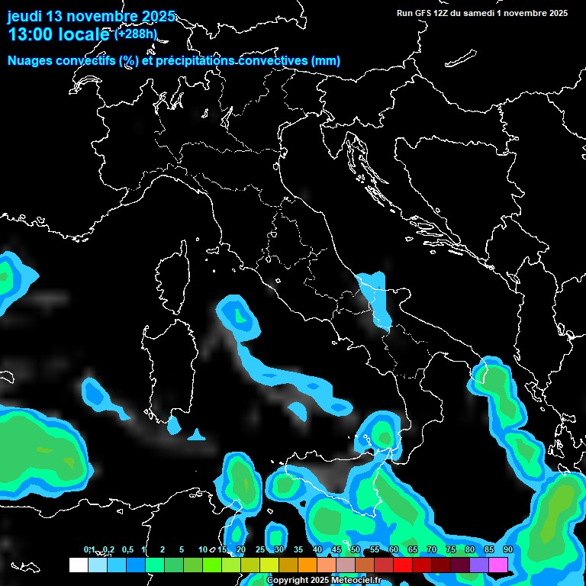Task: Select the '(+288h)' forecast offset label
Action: point(135,34)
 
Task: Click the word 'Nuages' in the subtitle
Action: point(30,61)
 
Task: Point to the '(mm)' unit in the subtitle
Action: point(325,61)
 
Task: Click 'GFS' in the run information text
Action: point(426,13)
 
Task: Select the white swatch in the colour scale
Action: point(78,565)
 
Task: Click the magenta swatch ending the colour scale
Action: point(498,565)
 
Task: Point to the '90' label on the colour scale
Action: point(507,549)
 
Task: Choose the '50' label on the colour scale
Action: point(356,549)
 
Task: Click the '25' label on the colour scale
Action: point(260,549)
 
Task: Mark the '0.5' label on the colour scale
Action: point(127,549)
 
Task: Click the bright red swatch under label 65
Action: point(422,565)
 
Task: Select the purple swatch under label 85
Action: point(479,565)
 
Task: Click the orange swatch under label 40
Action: point(307,565)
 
